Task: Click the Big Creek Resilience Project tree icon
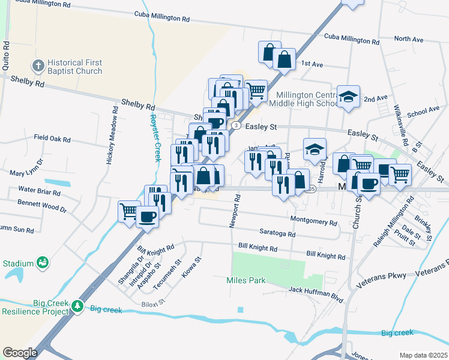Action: click(77, 307)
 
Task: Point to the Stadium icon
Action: click(42, 262)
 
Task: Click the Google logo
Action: click(20, 353)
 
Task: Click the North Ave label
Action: click(409, 40)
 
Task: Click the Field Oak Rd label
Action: click(52, 139)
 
